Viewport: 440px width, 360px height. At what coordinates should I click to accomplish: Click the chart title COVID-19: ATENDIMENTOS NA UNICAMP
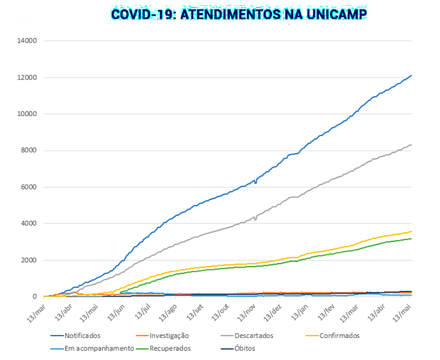pos(239,14)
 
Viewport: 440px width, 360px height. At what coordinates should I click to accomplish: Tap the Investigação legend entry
pos(169,336)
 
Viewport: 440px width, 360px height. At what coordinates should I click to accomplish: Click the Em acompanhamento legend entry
pos(99,348)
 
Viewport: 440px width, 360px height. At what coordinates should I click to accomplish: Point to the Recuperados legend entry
pos(170,348)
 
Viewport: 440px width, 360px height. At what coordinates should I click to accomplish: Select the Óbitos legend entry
pos(245,348)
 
